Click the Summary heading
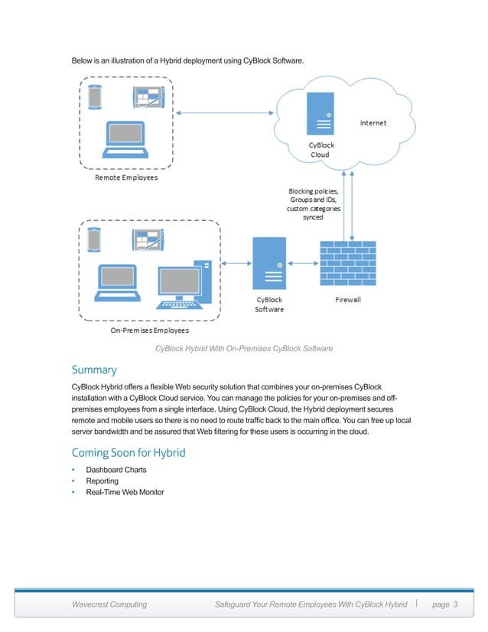click(x=94, y=370)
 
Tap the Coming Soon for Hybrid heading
click(x=128, y=453)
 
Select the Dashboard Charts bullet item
click(x=115, y=470)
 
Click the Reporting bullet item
click(x=102, y=481)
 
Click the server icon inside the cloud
click(x=319, y=113)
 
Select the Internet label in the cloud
click(x=373, y=122)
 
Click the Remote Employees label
click(x=126, y=178)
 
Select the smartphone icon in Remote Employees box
click(x=96, y=98)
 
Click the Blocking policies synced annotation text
click(x=314, y=204)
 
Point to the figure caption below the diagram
click(x=244, y=349)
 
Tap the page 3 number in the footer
click(x=444, y=605)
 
